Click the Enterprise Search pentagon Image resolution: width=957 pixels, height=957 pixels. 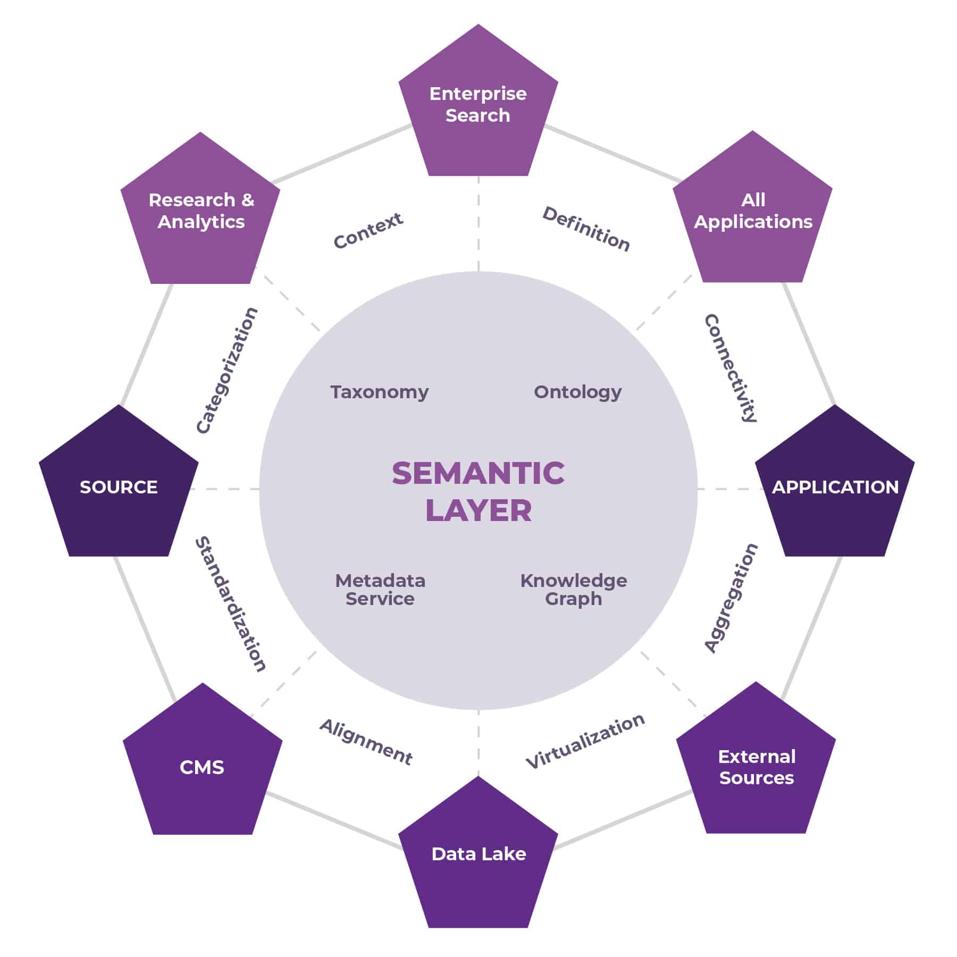click(x=478, y=106)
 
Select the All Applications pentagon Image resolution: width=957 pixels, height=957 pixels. click(x=752, y=213)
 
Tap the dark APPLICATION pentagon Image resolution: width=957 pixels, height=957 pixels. click(x=835, y=486)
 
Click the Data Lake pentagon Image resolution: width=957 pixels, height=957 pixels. click(x=478, y=856)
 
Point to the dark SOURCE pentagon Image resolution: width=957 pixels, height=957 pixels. click(x=119, y=486)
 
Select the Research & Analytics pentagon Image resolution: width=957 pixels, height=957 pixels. click(x=201, y=213)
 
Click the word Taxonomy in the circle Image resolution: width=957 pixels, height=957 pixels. click(x=379, y=392)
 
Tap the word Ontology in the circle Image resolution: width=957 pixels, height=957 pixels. click(x=577, y=392)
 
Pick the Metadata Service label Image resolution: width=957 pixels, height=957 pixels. click(x=380, y=589)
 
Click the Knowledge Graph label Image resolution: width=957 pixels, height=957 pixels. click(x=573, y=589)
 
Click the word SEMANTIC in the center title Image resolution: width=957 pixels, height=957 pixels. click(x=478, y=473)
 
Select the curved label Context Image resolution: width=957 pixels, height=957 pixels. click(x=368, y=230)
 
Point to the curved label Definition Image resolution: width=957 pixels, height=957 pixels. click(x=586, y=229)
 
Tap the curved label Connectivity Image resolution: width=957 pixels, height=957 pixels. click(x=731, y=368)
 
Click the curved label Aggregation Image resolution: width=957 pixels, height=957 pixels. click(x=731, y=598)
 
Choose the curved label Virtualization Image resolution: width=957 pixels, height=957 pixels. click(x=585, y=741)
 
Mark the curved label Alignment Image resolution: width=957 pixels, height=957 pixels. click(x=366, y=742)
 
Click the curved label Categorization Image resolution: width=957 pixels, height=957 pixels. click(x=226, y=371)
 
